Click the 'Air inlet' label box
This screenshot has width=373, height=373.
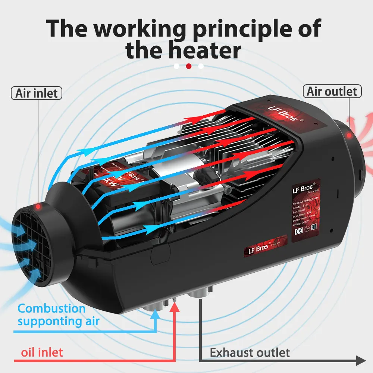point(37,93)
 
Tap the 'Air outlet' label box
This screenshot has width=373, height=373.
point(332,91)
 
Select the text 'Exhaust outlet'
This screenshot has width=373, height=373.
point(250,352)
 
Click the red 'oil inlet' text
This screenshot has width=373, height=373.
point(42,352)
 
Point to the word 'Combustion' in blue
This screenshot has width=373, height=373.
point(52,308)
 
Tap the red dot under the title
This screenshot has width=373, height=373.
point(189,66)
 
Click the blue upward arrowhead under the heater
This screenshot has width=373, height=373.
point(156,315)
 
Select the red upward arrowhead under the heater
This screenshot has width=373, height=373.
point(175,307)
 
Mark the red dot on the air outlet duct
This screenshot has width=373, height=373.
point(348,135)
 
